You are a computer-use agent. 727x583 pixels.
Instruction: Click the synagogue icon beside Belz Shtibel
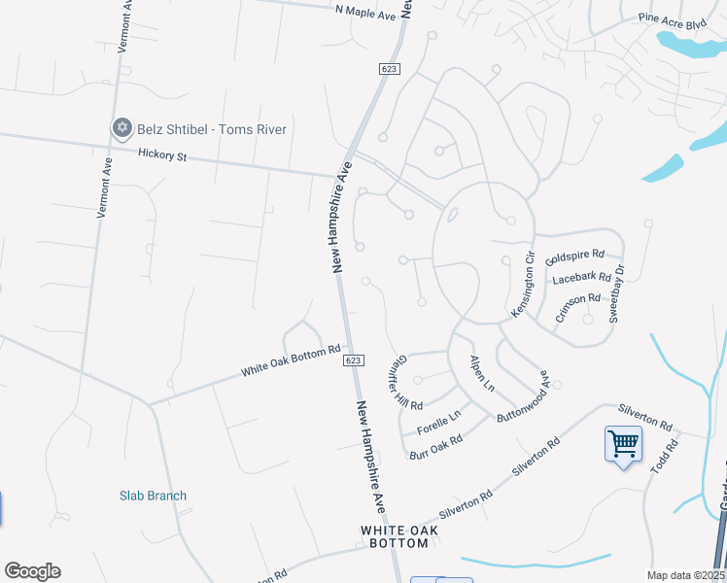[121, 128]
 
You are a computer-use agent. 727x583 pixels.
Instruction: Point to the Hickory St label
[161, 154]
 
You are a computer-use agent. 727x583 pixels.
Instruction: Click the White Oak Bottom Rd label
[291, 360]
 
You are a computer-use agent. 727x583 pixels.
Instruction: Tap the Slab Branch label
[153, 496]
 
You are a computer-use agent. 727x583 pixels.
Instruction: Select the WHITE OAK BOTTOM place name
[398, 536]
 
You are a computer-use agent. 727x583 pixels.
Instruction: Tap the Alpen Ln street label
[482, 374]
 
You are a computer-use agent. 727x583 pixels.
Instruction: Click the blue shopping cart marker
[622, 444]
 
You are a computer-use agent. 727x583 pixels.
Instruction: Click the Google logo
[32, 571]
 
